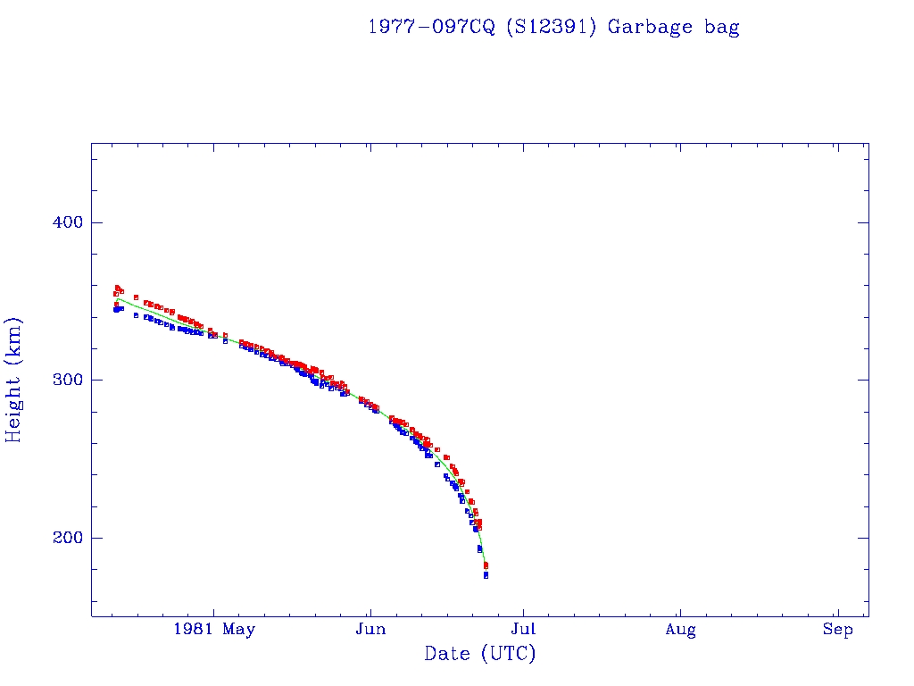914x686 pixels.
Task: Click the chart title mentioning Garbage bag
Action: [x=553, y=27]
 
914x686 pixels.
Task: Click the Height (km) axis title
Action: [x=14, y=380]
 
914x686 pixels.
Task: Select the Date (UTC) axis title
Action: [x=480, y=654]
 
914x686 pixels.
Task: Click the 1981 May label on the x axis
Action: [x=214, y=630]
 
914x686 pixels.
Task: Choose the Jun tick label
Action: [x=370, y=630]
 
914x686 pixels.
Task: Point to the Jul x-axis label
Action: [x=525, y=630]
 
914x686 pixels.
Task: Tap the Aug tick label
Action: [x=680, y=630]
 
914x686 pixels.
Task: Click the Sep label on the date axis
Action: [x=837, y=630]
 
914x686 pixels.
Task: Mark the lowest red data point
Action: [x=486, y=565]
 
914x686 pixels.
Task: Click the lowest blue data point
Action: [x=486, y=575]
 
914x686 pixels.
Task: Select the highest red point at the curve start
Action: [x=117, y=288]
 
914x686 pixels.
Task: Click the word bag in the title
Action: [x=721, y=28]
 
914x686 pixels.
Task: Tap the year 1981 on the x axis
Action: [x=193, y=630]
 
